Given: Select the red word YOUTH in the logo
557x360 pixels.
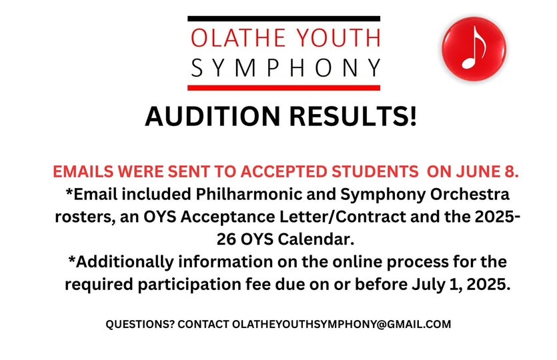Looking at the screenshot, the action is (x=338, y=37).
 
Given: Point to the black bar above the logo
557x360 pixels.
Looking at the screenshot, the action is (x=284, y=19).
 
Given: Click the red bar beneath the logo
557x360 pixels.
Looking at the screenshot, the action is (x=284, y=88).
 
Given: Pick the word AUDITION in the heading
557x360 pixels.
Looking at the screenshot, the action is (x=213, y=116).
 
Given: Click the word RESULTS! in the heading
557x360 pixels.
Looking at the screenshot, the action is (x=353, y=116).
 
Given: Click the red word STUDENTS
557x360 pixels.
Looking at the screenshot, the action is (x=375, y=172).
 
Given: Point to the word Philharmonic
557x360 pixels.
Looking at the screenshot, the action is (x=265, y=194).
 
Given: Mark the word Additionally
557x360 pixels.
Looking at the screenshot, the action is (x=125, y=262).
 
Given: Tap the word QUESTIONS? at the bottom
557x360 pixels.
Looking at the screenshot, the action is (x=140, y=325).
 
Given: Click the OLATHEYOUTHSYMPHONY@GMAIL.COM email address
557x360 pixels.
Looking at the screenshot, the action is (x=342, y=325).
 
